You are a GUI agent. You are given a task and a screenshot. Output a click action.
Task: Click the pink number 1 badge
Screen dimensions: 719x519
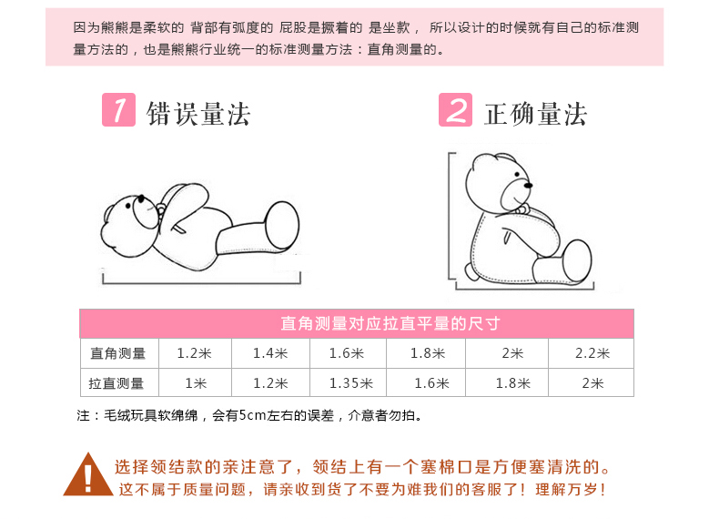[x=118, y=109]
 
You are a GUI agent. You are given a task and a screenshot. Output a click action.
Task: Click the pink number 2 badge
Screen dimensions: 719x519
[x=455, y=109]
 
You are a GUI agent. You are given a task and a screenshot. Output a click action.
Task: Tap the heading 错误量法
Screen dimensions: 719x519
[x=198, y=114]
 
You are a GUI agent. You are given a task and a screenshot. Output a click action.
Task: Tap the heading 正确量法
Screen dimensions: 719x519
[x=535, y=114]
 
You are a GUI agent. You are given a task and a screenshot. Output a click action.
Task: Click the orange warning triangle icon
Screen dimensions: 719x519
[x=88, y=475]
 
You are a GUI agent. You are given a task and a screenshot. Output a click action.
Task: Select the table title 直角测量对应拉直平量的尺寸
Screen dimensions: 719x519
[x=390, y=323]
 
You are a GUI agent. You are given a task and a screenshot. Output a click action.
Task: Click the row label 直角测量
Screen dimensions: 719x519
[x=118, y=353]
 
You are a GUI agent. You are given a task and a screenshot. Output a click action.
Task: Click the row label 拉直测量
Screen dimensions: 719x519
[x=116, y=383]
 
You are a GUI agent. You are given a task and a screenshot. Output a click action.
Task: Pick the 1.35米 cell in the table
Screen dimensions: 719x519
[x=351, y=383]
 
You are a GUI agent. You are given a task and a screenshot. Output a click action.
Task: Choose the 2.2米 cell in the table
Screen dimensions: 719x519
[x=592, y=353]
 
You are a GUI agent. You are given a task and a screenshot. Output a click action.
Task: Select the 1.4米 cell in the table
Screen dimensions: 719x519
[x=270, y=353]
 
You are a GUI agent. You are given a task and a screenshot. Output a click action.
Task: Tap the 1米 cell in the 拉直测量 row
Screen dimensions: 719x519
[x=196, y=383]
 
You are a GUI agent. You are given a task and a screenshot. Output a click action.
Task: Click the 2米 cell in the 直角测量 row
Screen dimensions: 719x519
[x=512, y=353]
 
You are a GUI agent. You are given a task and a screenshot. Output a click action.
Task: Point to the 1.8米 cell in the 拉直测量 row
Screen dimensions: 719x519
[x=513, y=383]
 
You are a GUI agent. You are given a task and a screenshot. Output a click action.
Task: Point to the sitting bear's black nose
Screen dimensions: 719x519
[x=528, y=186]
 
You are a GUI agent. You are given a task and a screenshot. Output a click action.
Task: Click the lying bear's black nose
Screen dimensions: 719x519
[x=141, y=198]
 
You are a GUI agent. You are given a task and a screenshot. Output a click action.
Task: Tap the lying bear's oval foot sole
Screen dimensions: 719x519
[x=282, y=225]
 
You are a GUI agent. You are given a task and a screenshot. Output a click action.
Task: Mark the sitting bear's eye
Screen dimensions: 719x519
[x=517, y=175]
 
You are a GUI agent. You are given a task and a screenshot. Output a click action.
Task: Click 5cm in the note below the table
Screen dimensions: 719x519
[x=252, y=415]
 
